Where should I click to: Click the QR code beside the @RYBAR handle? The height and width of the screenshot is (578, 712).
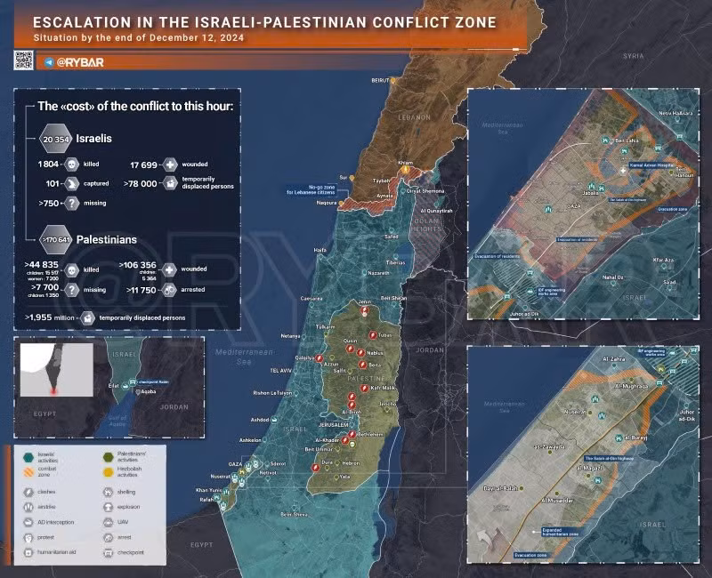[x=23, y=60]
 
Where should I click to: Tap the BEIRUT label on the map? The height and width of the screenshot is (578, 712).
[x=381, y=79]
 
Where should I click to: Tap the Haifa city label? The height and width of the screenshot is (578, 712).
[x=320, y=251]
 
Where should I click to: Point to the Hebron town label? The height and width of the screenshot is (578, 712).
[x=351, y=463]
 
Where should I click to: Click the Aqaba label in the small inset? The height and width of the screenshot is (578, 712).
[x=149, y=392]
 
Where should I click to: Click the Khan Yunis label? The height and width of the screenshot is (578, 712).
[x=208, y=490]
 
